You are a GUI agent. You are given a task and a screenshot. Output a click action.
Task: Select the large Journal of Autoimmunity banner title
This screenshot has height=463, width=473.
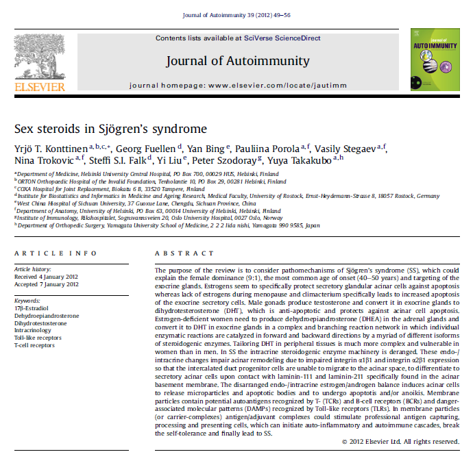237,61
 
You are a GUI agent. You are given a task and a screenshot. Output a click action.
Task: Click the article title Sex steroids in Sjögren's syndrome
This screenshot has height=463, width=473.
110,128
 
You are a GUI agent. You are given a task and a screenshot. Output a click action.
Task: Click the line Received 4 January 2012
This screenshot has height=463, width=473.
47,277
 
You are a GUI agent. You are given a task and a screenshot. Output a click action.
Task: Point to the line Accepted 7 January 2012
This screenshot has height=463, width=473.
47,285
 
